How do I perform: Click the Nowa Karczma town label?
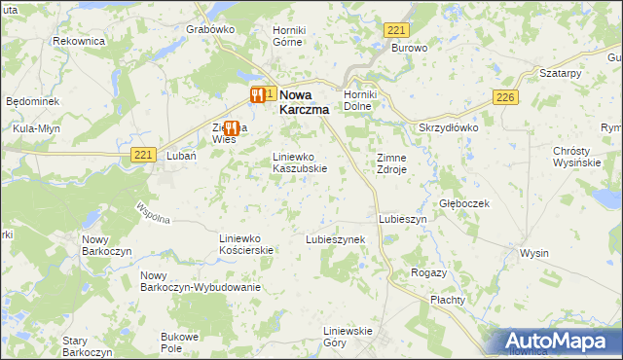(x=304, y=103)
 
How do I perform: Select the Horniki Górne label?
(x=289, y=36)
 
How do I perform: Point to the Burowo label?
(x=410, y=47)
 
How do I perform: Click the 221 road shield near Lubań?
(x=142, y=154)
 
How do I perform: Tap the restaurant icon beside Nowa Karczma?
(x=258, y=94)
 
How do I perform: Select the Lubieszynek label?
(x=335, y=238)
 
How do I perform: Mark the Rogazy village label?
(x=428, y=272)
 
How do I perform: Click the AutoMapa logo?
(x=560, y=342)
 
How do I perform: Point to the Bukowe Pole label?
(x=178, y=342)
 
